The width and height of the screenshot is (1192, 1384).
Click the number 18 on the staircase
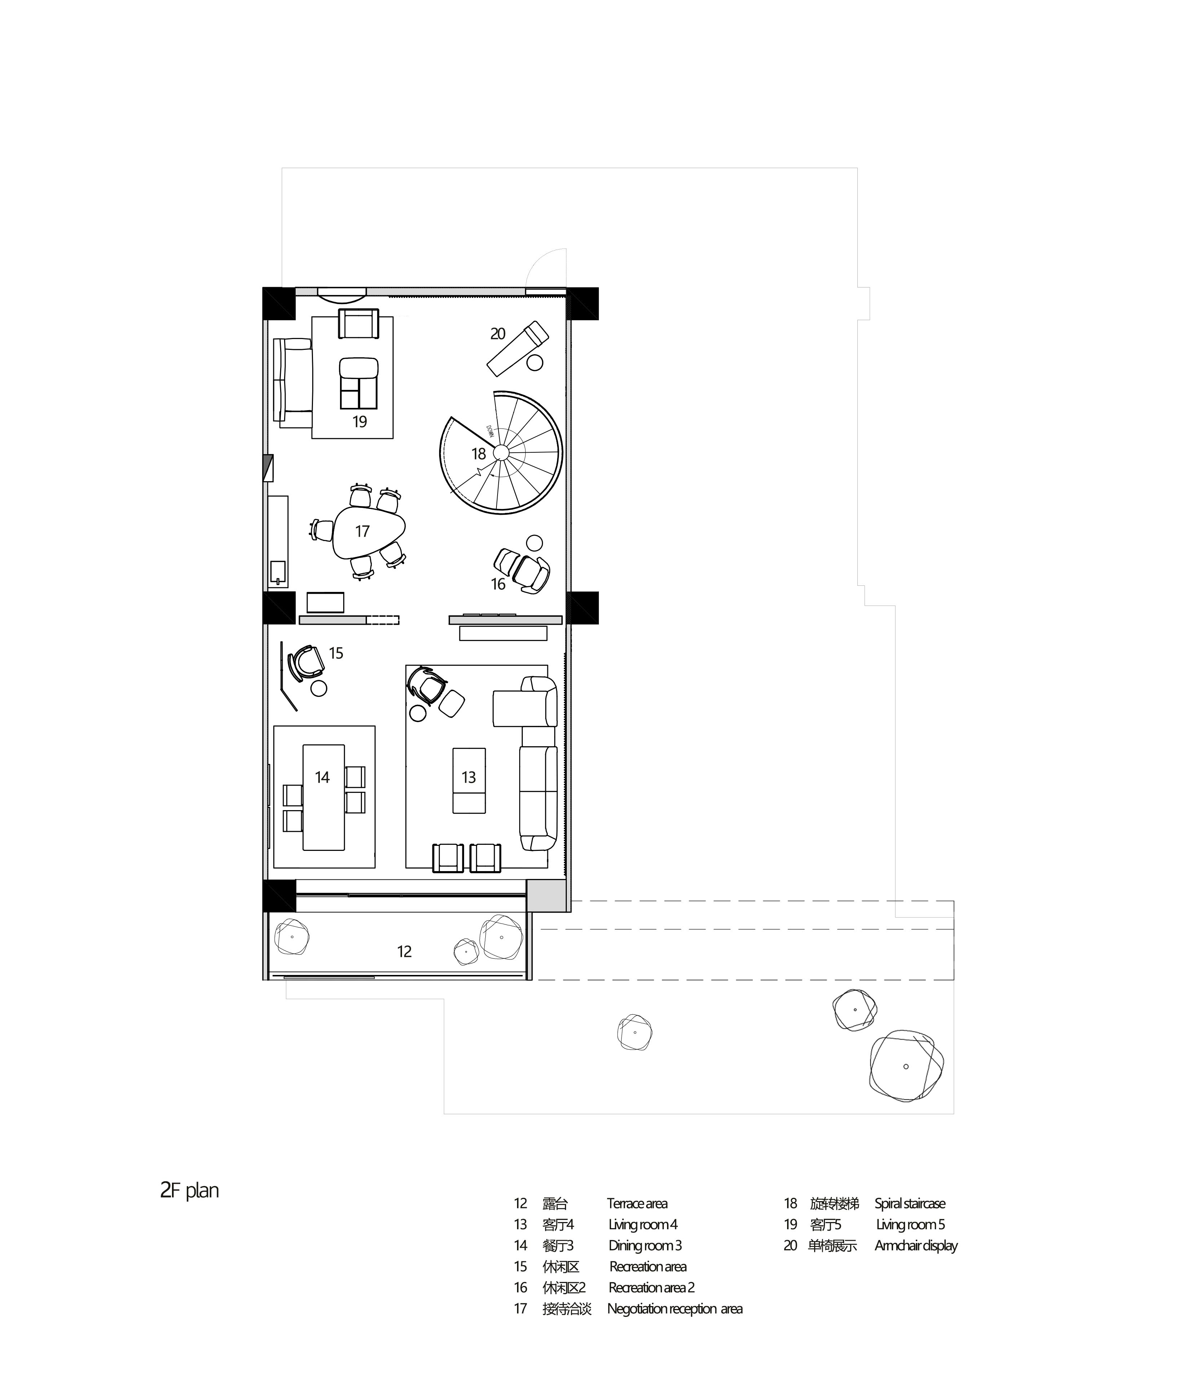pyautogui.click(x=478, y=454)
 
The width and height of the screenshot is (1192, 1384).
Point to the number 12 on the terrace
pyautogui.click(x=404, y=952)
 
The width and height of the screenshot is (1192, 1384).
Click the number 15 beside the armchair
pyautogui.click(x=336, y=653)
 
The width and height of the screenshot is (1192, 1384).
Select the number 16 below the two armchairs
pyautogui.click(x=498, y=584)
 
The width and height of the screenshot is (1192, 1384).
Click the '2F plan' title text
pyautogui.click(x=190, y=1191)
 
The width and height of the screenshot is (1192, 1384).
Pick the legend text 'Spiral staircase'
pyautogui.click(x=910, y=1204)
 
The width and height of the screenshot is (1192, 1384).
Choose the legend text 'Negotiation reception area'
pyautogui.click(x=675, y=1309)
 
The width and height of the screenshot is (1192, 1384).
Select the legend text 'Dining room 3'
pyautogui.click(x=645, y=1246)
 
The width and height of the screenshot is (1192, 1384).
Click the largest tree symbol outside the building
pyautogui.click(x=906, y=1066)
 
